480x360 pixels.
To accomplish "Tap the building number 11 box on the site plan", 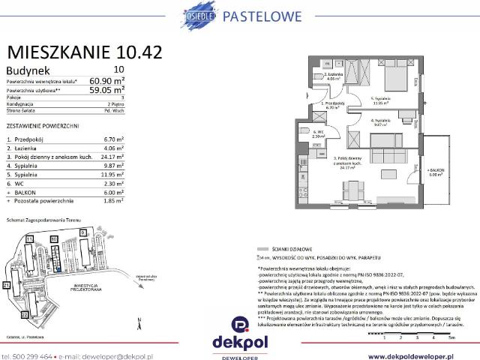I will point(30,238).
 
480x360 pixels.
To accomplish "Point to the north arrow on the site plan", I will point(139,322).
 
